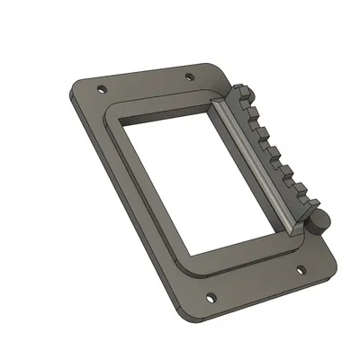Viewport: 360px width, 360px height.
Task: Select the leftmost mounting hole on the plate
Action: tap(102, 89)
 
